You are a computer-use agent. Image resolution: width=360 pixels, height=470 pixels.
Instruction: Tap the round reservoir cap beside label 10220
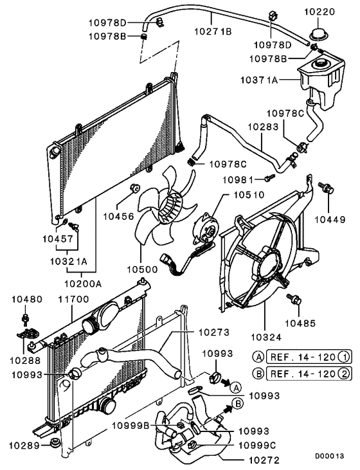coord(317,35)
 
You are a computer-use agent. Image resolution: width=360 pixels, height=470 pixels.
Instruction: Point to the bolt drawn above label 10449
coord(327,189)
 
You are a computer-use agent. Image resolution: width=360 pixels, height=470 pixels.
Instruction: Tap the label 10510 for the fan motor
coord(249,193)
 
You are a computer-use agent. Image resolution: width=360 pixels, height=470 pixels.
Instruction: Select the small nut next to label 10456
coord(134,187)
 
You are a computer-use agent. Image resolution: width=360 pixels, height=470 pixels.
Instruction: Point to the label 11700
coord(71,299)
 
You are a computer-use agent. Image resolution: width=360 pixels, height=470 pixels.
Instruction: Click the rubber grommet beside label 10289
coord(55,444)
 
